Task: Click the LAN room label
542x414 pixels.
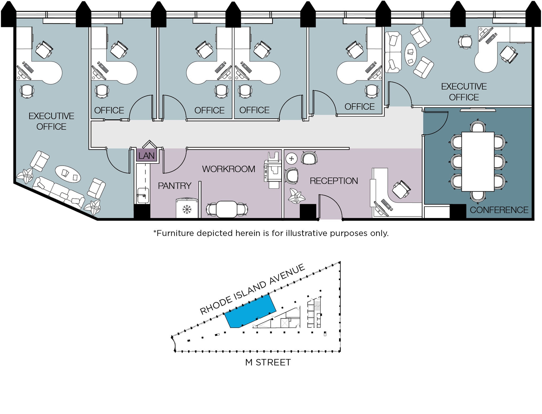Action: pyautogui.click(x=146, y=156)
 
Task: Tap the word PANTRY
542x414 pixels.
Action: pyautogui.click(x=174, y=186)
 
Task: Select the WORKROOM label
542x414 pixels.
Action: pyautogui.click(x=228, y=169)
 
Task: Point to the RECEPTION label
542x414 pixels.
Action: pyautogui.click(x=334, y=181)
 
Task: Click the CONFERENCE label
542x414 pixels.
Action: pyautogui.click(x=499, y=210)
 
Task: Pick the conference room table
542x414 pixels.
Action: pyautogui.click(x=478, y=161)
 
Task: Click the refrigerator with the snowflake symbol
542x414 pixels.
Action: pyautogui.click(x=187, y=208)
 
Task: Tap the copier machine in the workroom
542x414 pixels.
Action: pyautogui.click(x=273, y=171)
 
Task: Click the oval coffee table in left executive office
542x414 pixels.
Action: pyautogui.click(x=68, y=174)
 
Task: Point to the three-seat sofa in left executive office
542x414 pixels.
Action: pyautogui.click(x=58, y=192)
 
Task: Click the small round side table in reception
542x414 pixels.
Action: pyautogui.click(x=291, y=159)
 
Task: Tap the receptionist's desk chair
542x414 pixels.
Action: pyautogui.click(x=401, y=189)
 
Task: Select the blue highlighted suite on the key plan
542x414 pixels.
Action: pyautogui.click(x=250, y=311)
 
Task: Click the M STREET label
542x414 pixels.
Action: pyautogui.click(x=268, y=362)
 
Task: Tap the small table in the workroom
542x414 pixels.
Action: pyautogui.click(x=227, y=209)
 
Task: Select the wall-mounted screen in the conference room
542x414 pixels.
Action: pyautogui.click(x=478, y=110)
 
